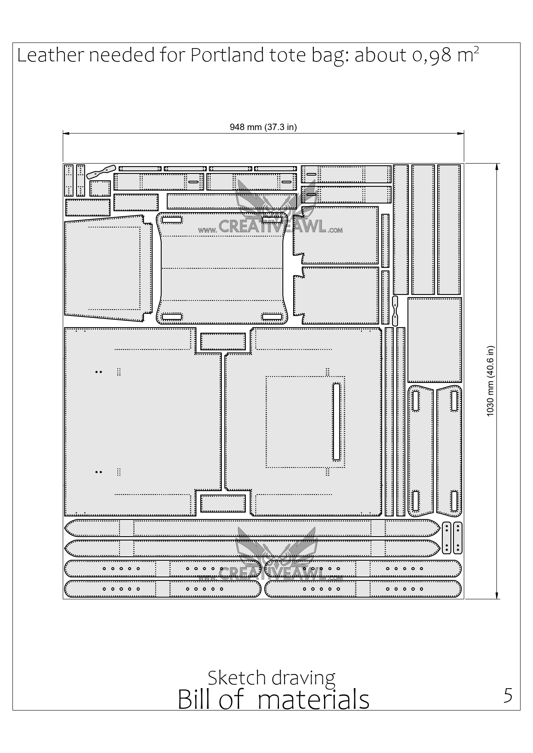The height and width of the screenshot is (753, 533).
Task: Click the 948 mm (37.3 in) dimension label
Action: pos(263,127)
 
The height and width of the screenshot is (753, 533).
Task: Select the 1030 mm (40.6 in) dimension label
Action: pos(490,381)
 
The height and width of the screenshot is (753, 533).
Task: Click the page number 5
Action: pos(508,695)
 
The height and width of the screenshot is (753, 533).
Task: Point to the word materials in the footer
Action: pos(314,699)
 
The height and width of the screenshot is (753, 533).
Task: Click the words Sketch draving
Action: pos(272,677)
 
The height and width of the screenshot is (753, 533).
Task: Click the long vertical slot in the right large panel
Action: pos(336,421)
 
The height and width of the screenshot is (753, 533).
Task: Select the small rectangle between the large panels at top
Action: pos(223,342)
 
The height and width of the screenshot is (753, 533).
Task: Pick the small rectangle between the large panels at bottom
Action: pos(223,504)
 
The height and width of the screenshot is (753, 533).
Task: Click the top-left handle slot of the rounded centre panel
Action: pos(172,220)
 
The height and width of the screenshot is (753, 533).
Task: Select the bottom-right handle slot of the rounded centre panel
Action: pos(272,317)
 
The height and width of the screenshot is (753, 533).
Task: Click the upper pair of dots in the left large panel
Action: pos(98,372)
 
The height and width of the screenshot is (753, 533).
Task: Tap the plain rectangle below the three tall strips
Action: pos(435,340)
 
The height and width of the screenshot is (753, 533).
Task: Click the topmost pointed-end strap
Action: pos(252,528)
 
